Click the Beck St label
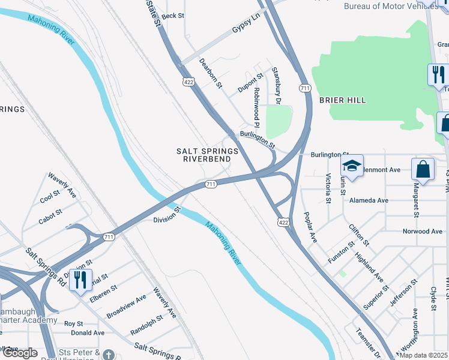point(172,16)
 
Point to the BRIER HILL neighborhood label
point(342,100)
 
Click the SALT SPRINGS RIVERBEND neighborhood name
point(207,155)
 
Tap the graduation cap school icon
point(352,166)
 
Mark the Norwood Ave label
point(422,231)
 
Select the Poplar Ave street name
point(310,227)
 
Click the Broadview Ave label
point(127,306)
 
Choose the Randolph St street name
point(146,325)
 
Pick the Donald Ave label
point(88,332)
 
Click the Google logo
point(20,353)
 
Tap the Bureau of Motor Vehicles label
point(391,6)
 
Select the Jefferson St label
point(403,292)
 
